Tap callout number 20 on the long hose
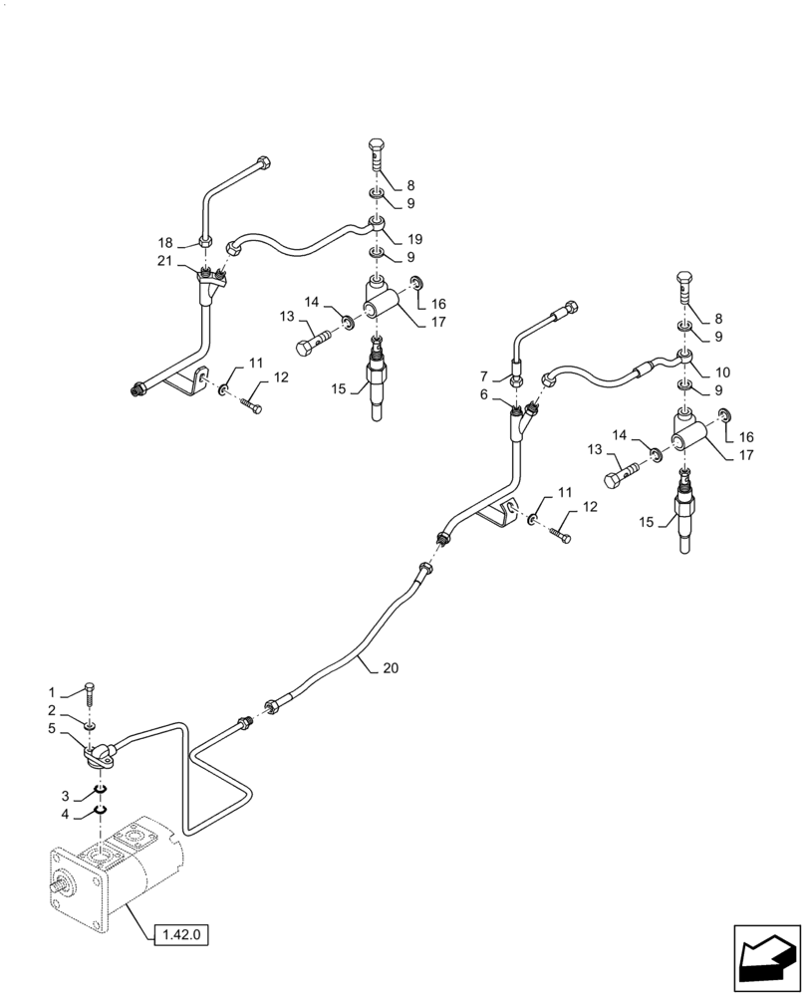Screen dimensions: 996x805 [390, 668]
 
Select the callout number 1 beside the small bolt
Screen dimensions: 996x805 [52, 692]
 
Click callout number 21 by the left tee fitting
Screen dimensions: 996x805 [162, 261]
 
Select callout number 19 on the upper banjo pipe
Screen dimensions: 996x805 [414, 239]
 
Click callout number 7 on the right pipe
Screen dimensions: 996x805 [485, 376]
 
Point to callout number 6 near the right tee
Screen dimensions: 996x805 [485, 395]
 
